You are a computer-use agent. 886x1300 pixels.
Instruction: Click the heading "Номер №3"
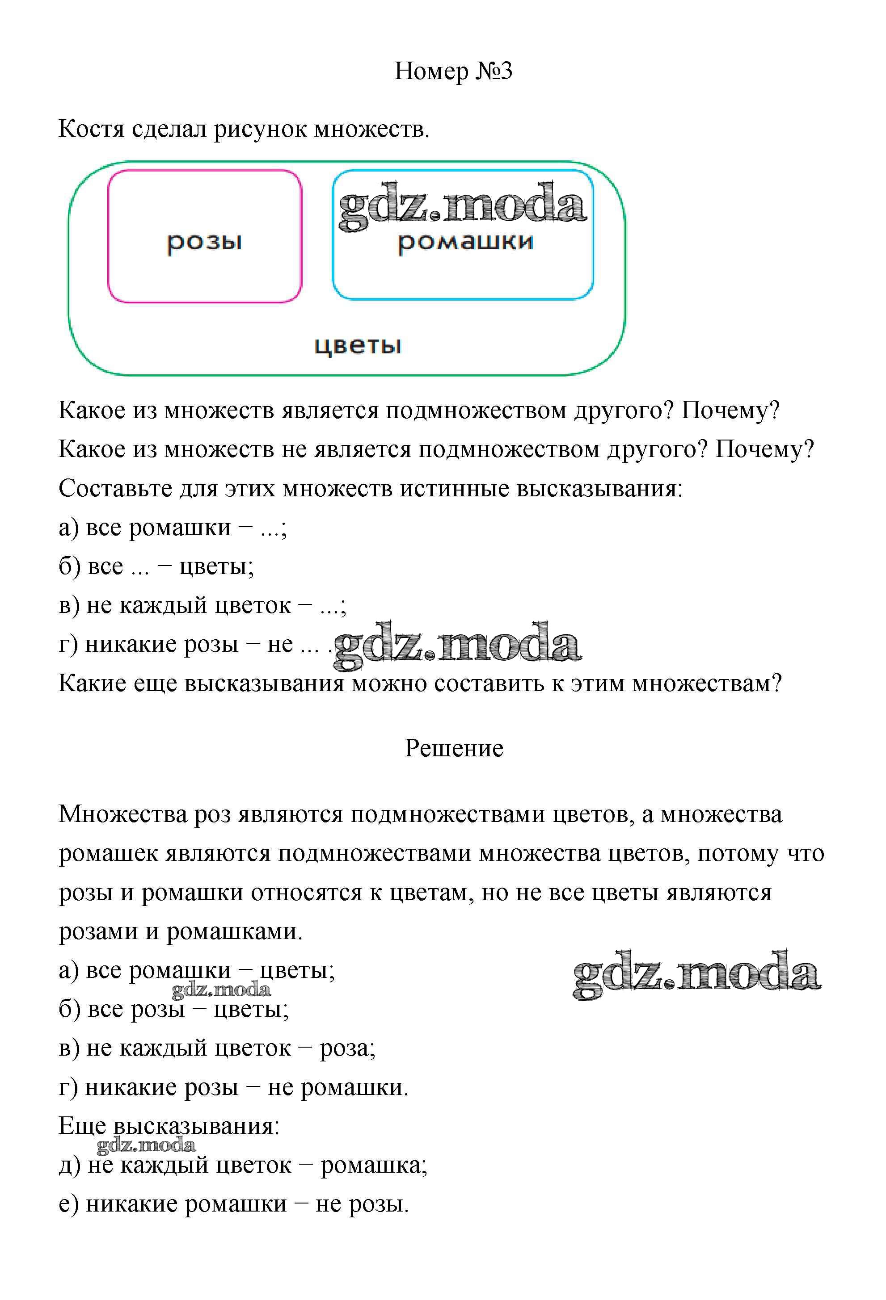pos(453,71)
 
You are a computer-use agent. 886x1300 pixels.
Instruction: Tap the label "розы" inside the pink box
pos(204,242)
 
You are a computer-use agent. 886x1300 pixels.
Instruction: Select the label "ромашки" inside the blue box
pos(465,242)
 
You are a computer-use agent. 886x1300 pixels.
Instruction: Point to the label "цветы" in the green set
pos(358,345)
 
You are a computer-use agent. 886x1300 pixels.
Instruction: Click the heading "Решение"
pos(453,748)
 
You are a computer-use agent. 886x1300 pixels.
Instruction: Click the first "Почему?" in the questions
pos(730,411)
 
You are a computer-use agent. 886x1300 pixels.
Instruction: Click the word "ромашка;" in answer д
pos(373,1165)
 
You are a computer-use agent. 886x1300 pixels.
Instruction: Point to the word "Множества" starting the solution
pos(122,814)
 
